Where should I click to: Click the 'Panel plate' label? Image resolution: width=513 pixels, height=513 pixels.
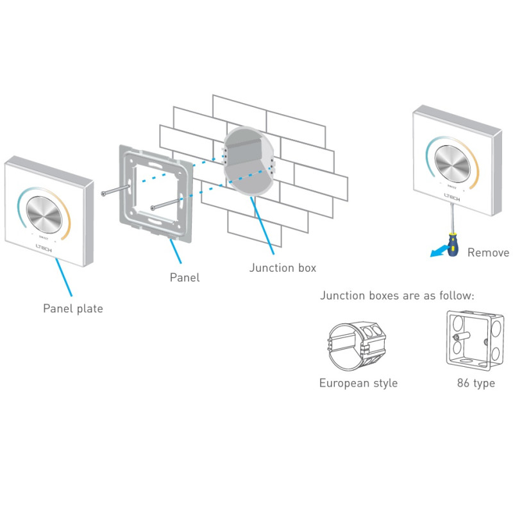72,308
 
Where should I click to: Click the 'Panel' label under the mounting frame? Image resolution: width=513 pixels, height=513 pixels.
184,278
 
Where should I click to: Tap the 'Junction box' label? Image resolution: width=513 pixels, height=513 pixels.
282,267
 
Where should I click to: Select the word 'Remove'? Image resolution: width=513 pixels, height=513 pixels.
487,252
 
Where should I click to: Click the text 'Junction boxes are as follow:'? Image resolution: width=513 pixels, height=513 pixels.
397,296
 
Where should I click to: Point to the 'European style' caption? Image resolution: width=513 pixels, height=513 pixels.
358,383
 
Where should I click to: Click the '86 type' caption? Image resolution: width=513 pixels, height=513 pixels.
475,383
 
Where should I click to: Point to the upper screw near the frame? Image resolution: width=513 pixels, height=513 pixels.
115,190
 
